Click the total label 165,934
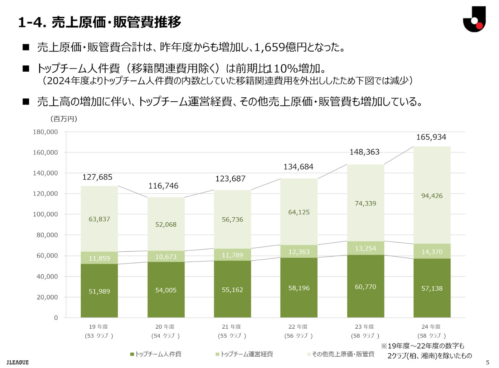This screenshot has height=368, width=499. click(x=431, y=137)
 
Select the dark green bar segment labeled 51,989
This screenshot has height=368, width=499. click(x=99, y=291)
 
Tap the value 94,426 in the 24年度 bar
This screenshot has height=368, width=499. click(x=432, y=196)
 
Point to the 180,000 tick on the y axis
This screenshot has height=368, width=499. click(x=45, y=132)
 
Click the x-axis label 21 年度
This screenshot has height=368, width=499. click(x=231, y=326)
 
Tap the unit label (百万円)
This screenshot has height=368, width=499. click(x=64, y=119)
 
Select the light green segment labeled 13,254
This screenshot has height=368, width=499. click(x=365, y=248)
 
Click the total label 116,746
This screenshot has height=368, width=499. click(x=163, y=186)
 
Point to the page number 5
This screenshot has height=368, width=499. click(x=487, y=362)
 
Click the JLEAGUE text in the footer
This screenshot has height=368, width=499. click(x=18, y=362)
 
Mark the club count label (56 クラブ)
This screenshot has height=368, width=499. click(x=298, y=336)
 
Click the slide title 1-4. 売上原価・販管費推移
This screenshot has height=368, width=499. click(x=100, y=22)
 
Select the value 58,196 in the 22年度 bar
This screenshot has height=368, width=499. click(x=299, y=288)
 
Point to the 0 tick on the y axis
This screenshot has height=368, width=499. click(x=56, y=318)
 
